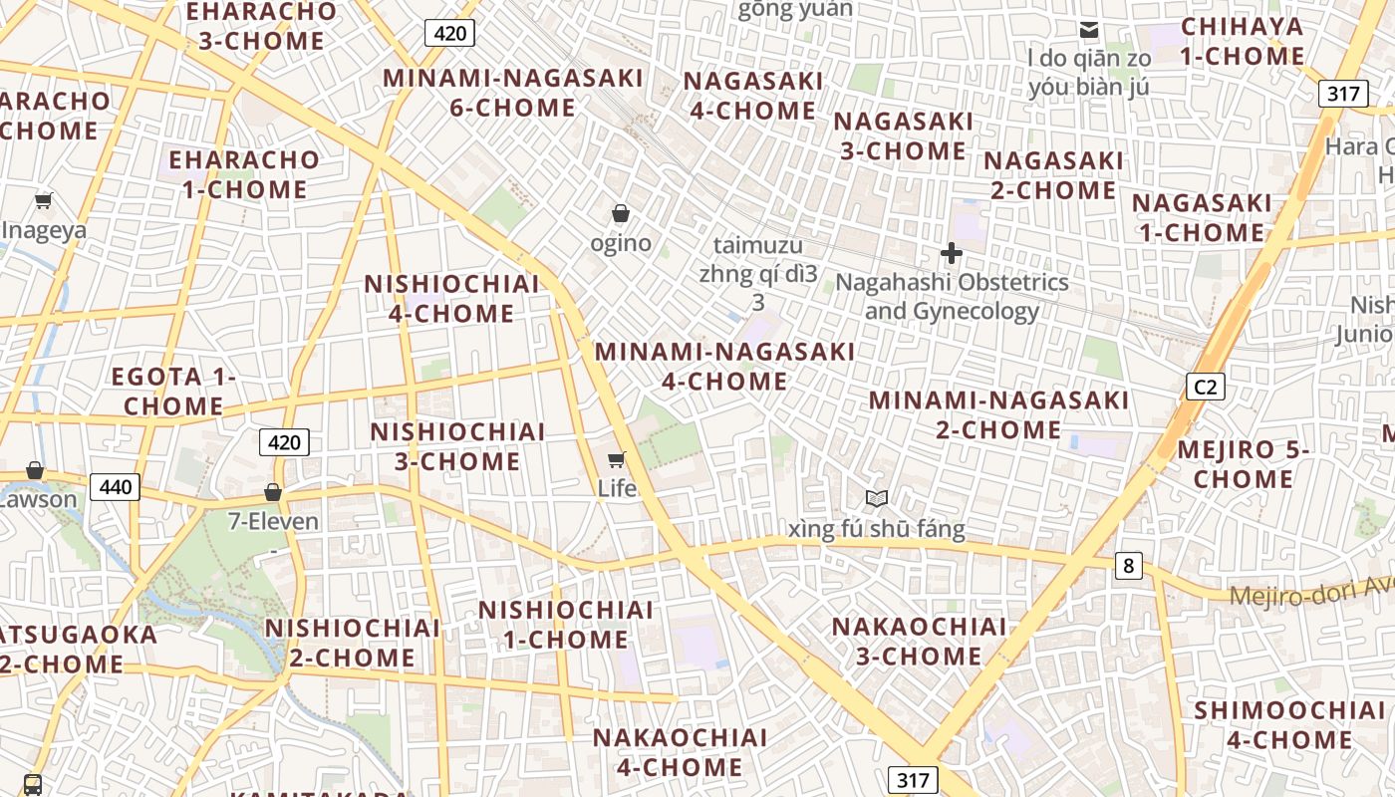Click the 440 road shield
[115, 487]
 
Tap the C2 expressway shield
[1205, 387]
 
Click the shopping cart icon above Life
[616, 459]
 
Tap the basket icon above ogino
[620, 213]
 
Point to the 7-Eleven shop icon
[272, 492]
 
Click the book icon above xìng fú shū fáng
[876, 498]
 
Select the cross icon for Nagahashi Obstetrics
[952, 253]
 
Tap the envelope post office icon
[1089, 30]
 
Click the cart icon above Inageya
[43, 201]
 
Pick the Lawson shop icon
[35, 470]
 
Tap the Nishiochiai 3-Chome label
[457, 446]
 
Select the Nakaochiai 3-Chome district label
[919, 641]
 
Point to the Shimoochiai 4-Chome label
[1288, 724]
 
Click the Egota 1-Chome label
[173, 392]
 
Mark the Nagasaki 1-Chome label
[1201, 218]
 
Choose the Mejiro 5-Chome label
[1243, 464]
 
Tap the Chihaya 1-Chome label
[1242, 42]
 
